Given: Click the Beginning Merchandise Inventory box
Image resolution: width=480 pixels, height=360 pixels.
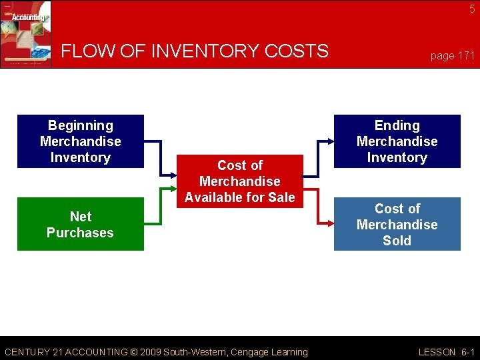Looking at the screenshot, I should (80, 141).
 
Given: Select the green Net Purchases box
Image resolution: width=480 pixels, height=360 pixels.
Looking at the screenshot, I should (80, 224).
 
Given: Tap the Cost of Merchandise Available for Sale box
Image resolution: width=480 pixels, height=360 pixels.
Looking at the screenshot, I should (240, 181).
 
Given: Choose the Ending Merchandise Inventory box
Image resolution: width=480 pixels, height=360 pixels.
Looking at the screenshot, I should (397, 141).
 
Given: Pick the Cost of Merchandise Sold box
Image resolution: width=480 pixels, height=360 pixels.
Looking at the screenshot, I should (397, 225).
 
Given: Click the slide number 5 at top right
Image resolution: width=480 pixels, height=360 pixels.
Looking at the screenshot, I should (472, 9).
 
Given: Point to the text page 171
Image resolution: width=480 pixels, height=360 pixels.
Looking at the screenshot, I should (452, 56).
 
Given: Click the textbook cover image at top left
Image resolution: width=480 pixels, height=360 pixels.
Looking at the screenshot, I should (25, 33).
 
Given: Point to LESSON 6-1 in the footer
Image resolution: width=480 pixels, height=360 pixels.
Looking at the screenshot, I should (446, 352).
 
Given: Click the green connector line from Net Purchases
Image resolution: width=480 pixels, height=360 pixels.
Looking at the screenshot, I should (160, 207).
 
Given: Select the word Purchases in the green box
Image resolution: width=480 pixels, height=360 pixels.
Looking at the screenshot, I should (80, 233).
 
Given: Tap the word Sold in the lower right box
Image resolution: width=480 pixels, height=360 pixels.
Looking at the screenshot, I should (397, 241).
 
